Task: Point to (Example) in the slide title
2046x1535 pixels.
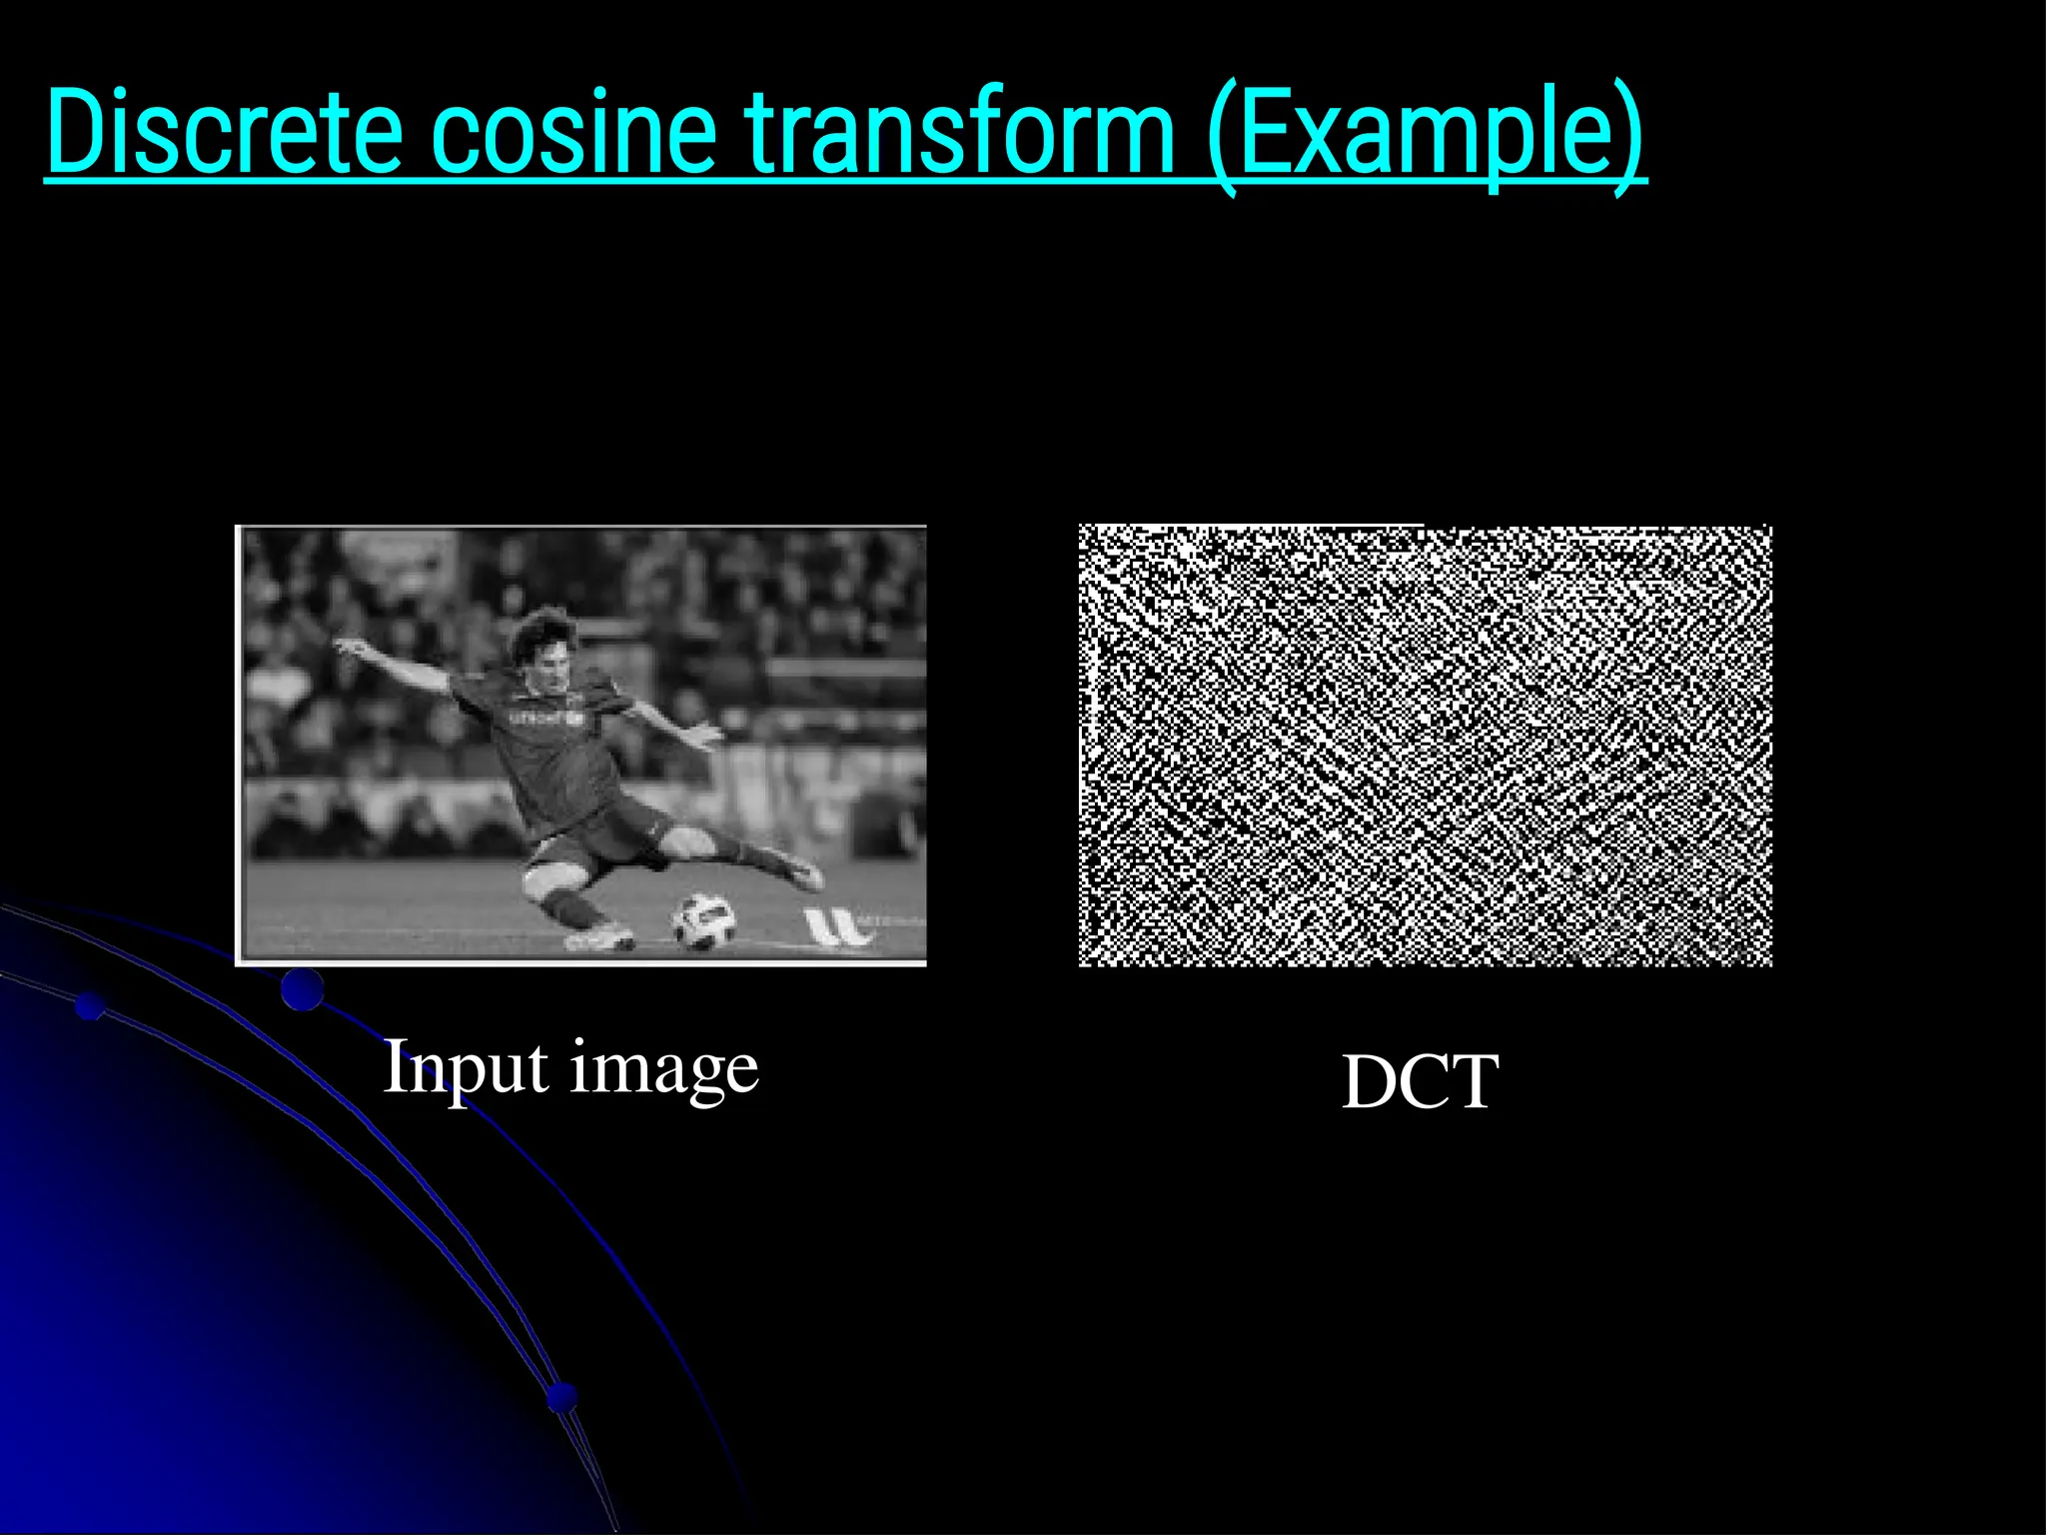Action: tap(1425, 134)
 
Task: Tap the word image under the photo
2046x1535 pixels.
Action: tap(664, 1071)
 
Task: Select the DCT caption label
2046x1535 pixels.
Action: tap(1420, 1082)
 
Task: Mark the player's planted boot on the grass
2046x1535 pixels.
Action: tap(599, 938)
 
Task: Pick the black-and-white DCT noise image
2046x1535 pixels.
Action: tap(1425, 745)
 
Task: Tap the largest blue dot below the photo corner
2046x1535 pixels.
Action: tap(302, 989)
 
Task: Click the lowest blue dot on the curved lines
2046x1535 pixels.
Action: tap(562, 1396)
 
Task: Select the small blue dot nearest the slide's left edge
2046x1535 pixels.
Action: tap(91, 1006)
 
